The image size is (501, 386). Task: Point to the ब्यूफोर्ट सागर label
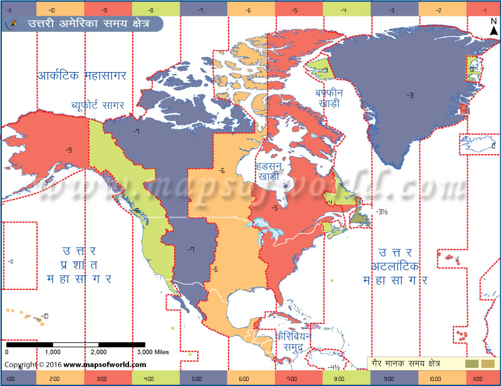coord(98,104)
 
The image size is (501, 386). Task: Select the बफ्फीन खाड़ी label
coord(329,97)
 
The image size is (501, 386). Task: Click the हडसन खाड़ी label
coord(270,173)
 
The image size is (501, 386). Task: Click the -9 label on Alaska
coord(68,149)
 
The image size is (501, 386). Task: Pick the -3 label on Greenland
coord(410,95)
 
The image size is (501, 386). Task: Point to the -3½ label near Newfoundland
coord(382,212)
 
